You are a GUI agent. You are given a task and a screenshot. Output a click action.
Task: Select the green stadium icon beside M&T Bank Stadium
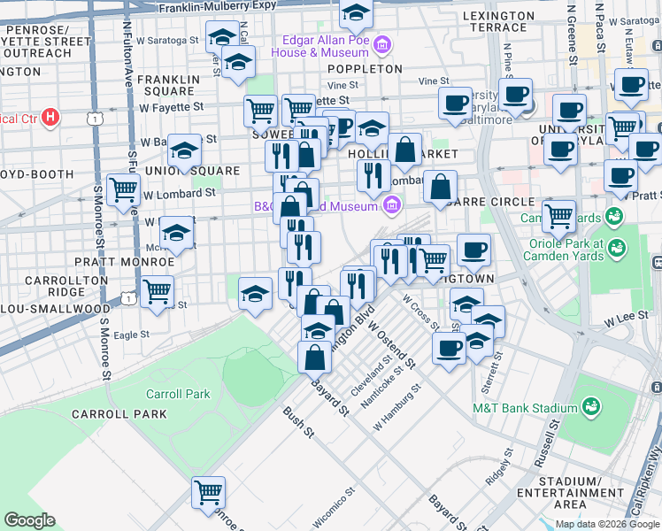pyautogui.click(x=592, y=408)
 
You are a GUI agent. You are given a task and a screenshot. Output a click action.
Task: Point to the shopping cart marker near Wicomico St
pyautogui.click(x=208, y=492)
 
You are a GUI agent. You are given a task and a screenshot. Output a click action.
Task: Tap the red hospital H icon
pyautogui.click(x=50, y=117)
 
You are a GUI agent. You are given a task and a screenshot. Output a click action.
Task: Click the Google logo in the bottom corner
pyautogui.click(x=29, y=520)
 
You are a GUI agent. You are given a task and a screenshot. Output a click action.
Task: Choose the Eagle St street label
pyautogui.click(x=131, y=335)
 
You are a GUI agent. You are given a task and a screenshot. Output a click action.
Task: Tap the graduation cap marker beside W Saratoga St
pyautogui.click(x=222, y=36)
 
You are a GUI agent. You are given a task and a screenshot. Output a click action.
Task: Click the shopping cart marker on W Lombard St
pyautogui.click(x=123, y=189)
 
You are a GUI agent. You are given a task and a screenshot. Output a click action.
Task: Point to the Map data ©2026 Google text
pyautogui.click(x=608, y=524)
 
